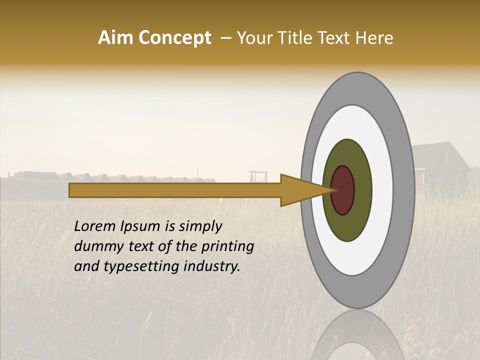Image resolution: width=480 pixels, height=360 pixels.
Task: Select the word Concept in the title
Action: [x=174, y=38]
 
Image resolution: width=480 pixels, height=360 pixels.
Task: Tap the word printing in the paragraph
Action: [x=227, y=246]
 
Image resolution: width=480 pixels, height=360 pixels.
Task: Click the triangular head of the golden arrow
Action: [x=300, y=190]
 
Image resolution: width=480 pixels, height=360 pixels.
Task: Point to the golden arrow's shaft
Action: [x=175, y=190]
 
